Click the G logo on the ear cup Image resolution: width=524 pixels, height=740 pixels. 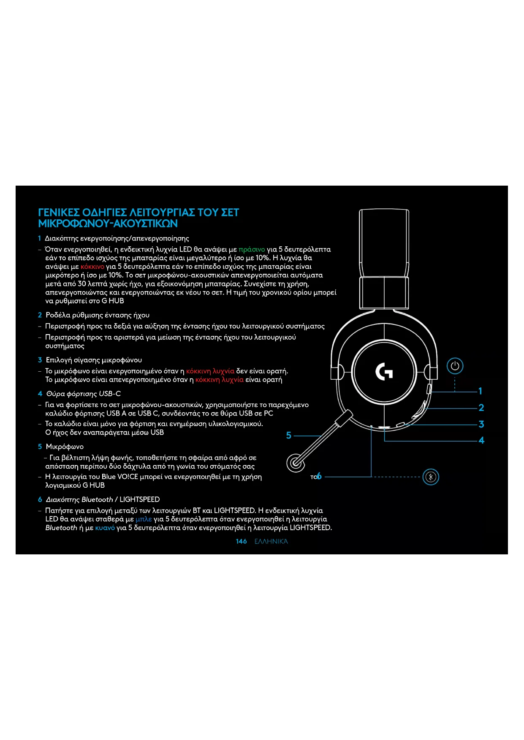click(x=384, y=371)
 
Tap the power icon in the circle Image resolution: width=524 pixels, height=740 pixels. click(x=455, y=366)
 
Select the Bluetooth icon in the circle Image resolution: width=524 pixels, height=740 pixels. click(x=431, y=477)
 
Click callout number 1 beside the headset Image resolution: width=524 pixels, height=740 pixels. click(x=480, y=391)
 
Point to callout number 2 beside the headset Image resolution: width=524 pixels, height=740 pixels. click(x=481, y=408)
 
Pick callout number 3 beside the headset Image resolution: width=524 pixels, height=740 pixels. click(x=481, y=424)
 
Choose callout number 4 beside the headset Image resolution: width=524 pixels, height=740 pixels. click(x=481, y=440)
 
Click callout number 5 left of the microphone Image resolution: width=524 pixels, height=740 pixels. click(x=289, y=435)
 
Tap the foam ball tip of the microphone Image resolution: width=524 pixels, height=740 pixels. click(x=296, y=462)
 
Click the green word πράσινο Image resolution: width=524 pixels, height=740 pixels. click(x=252, y=249)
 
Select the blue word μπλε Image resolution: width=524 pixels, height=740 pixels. click(x=144, y=519)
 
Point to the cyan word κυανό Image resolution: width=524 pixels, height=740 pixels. click(x=105, y=528)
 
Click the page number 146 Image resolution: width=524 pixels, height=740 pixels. click(x=241, y=541)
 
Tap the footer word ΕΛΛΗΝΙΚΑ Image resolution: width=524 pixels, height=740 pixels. click(x=271, y=541)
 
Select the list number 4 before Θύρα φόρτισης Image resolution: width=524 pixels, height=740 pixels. click(x=40, y=394)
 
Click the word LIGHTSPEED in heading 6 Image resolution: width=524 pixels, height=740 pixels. click(x=139, y=500)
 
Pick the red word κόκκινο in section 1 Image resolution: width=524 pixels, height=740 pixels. click(x=92, y=267)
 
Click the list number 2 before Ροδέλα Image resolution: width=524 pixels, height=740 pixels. click(x=40, y=315)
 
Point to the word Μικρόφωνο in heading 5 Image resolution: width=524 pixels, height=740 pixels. click(x=65, y=446)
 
